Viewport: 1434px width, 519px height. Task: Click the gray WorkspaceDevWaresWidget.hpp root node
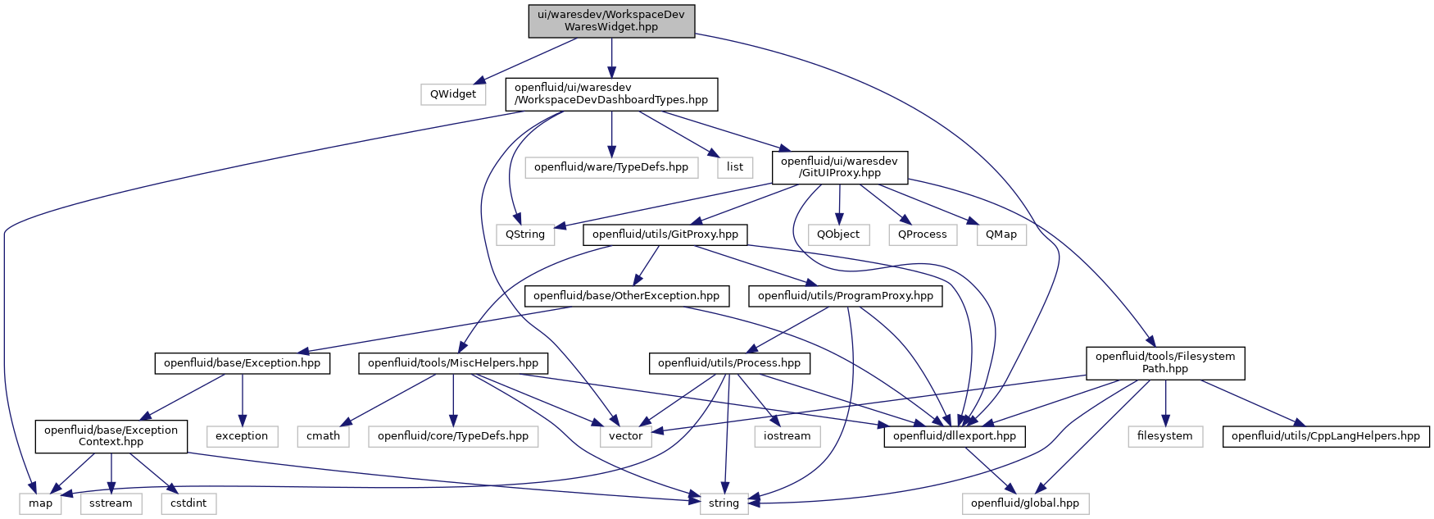611,20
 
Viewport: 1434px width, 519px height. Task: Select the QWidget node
453,93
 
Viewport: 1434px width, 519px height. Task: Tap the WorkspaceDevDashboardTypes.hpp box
611,93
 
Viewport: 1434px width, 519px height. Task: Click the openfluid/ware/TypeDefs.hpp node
611,166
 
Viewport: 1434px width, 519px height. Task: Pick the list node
735,166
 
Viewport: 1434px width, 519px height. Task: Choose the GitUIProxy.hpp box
839,166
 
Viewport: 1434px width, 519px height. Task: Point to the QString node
525,234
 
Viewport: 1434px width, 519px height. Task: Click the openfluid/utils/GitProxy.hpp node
665,234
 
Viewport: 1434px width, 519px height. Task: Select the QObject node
839,234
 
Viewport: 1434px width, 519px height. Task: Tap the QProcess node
923,234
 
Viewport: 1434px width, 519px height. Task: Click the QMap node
1001,234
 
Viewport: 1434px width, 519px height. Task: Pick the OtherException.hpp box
627,295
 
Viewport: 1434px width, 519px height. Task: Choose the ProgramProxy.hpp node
846,295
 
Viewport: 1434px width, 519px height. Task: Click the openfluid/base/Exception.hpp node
243,362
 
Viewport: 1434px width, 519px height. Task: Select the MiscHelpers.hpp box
453,362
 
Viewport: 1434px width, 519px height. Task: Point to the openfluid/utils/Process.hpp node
729,362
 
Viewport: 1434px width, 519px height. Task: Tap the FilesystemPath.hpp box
1165,362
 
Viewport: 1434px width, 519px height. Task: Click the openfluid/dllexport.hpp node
955,435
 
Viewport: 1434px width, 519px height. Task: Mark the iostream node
787,435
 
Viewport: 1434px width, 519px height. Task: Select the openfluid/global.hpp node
1025,503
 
